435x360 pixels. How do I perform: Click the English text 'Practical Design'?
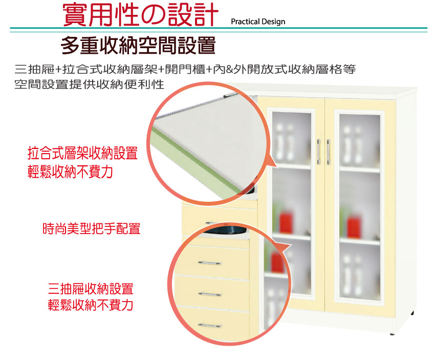(x=258, y=22)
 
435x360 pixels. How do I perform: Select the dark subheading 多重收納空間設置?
(x=138, y=45)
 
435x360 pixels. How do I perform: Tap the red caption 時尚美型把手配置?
(x=91, y=228)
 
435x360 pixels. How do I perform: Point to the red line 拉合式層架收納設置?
(x=83, y=153)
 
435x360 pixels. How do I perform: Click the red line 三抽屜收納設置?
(x=91, y=289)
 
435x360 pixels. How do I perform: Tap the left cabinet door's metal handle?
(x=318, y=152)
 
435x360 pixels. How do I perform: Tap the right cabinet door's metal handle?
(x=329, y=152)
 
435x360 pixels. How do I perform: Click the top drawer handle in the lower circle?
(x=210, y=263)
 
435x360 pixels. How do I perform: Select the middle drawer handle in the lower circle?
(x=210, y=294)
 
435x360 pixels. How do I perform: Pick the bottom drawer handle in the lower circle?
(x=210, y=325)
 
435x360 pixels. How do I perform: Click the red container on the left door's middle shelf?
(x=286, y=222)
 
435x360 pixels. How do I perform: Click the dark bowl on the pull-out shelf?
(x=225, y=230)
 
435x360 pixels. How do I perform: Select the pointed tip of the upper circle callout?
(x=278, y=167)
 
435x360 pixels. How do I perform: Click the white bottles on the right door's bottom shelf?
(x=352, y=276)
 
